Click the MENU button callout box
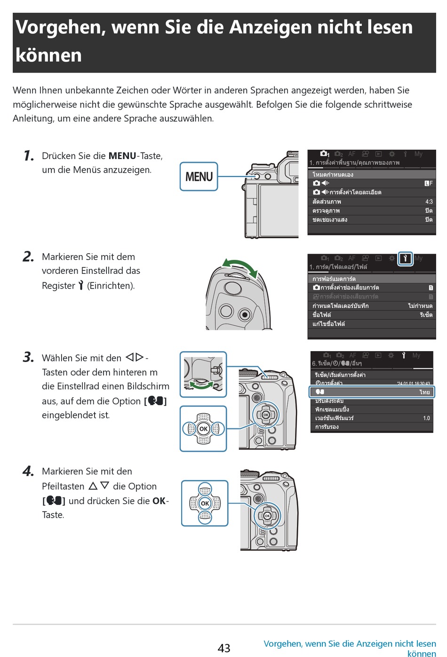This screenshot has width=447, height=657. pyautogui.click(x=199, y=176)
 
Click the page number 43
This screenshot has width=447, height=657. pyautogui.click(x=224, y=648)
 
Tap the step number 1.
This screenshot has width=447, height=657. pyautogui.click(x=29, y=156)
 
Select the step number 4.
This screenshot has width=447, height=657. pyautogui.click(x=28, y=471)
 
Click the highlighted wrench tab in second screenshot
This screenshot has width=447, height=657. pyautogui.click(x=405, y=258)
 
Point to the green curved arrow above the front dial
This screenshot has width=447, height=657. pyautogui.click(x=240, y=266)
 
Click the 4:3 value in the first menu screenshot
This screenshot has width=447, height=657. pyautogui.click(x=429, y=201)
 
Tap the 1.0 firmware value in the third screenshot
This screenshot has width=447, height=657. pyautogui.click(x=426, y=418)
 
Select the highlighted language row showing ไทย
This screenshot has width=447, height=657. pyautogui.click(x=372, y=392)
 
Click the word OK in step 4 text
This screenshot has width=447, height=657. pyautogui.click(x=159, y=501)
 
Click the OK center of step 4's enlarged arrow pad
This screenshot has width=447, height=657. pyautogui.click(x=205, y=503)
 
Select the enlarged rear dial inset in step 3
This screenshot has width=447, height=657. pyautogui.click(x=203, y=375)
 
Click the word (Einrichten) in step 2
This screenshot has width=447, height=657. pyautogui.click(x=111, y=286)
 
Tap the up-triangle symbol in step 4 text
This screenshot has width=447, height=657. pyautogui.click(x=93, y=486)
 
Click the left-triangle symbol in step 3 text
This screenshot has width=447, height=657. pyautogui.click(x=130, y=357)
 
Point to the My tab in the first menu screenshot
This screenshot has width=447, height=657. pyautogui.click(x=418, y=154)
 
